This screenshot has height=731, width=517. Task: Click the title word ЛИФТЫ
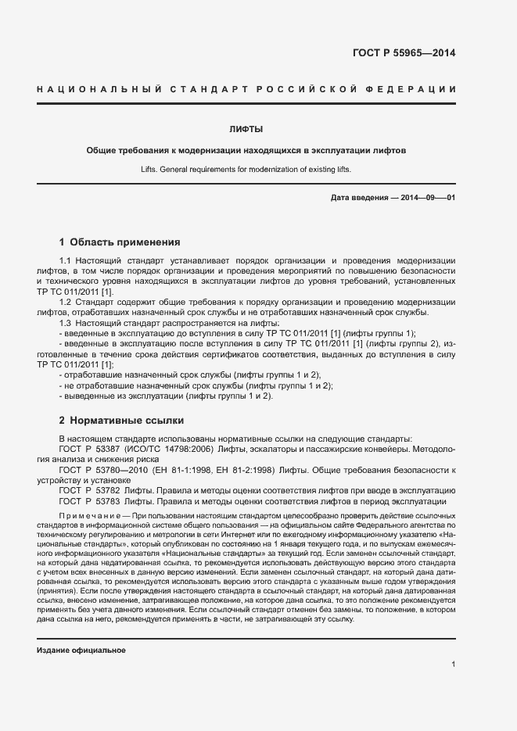[246, 129]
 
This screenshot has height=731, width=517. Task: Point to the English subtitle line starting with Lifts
[246, 168]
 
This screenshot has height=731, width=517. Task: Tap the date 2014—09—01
[428, 197]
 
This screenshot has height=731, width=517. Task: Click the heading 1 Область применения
[120, 242]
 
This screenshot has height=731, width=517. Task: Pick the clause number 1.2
[66, 301]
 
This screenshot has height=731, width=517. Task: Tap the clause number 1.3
[66, 322]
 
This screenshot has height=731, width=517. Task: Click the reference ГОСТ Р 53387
[88, 450]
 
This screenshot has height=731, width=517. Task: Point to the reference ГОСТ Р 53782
[88, 490]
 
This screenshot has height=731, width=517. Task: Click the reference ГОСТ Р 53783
[88, 501]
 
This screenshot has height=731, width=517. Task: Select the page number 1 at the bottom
[453, 665]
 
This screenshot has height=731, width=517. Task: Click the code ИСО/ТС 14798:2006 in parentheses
[160, 450]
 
